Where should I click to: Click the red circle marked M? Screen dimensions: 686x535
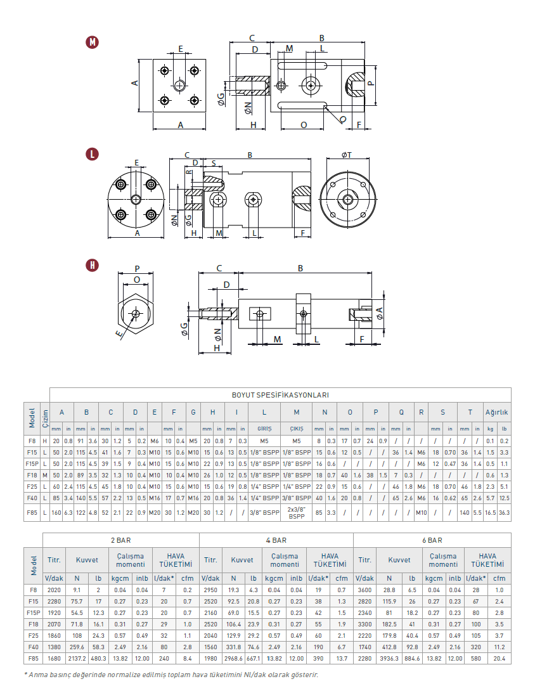pos(93,42)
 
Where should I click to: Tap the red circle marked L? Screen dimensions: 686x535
pos(93,154)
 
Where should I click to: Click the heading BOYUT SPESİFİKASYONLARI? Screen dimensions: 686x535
pos(280,394)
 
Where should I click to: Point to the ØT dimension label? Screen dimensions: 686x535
pos(347,155)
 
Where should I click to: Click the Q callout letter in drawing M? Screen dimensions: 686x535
pos(343,119)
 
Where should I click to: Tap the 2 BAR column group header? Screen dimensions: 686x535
pos(120,541)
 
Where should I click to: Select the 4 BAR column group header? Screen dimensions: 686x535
pos(276,541)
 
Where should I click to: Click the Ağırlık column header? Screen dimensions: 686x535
pos(497,412)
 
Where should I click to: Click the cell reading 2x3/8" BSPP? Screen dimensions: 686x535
pos(297,512)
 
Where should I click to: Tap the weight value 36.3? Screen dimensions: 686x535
pos(504,512)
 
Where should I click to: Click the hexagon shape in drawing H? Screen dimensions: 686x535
pos(136,313)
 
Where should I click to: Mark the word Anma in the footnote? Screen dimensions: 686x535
pos(38,675)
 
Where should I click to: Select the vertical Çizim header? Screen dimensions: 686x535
pos(45,418)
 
